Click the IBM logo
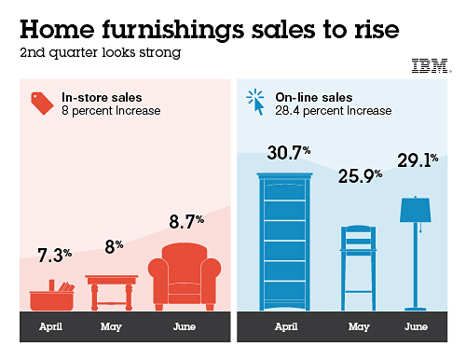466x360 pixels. (x=432, y=65)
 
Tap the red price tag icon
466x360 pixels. (x=42, y=104)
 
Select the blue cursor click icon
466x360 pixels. (x=255, y=102)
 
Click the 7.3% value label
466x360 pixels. (x=55, y=256)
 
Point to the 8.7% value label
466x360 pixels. (x=186, y=222)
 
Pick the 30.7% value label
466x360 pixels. (x=289, y=153)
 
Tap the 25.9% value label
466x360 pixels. (x=360, y=176)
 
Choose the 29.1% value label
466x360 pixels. (x=418, y=160)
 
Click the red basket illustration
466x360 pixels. (x=52, y=296)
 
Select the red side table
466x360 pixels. (x=112, y=293)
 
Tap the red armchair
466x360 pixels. (x=185, y=276)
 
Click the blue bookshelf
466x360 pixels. (x=284, y=242)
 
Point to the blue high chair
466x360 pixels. (x=358, y=268)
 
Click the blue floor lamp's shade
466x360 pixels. (x=416, y=210)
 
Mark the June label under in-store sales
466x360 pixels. (x=185, y=326)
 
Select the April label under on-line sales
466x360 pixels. (x=286, y=326)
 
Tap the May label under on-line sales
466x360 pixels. (x=359, y=326)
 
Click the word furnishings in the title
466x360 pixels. (x=173, y=30)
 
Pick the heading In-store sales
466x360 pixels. (x=102, y=97)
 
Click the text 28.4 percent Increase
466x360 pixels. (x=334, y=111)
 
